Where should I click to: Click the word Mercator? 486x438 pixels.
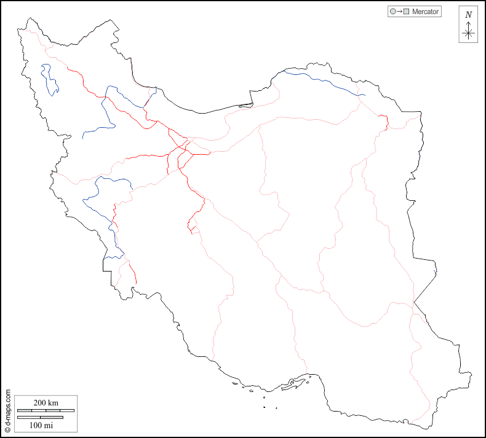click(425, 12)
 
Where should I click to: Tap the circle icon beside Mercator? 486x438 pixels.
click(392, 12)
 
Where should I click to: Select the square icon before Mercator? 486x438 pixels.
click(406, 12)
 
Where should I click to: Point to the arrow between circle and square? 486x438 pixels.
click(399, 12)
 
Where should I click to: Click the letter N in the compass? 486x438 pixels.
click(468, 15)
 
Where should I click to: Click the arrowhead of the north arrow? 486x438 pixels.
click(468, 24)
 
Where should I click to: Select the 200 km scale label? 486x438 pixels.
click(46, 403)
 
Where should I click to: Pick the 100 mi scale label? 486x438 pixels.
click(41, 424)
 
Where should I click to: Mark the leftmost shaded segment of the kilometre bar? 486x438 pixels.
click(25, 410)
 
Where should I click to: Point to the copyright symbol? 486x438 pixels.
click(7, 432)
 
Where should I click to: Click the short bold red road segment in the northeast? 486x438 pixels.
click(386, 122)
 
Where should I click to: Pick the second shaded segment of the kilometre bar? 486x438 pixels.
click(53, 410)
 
